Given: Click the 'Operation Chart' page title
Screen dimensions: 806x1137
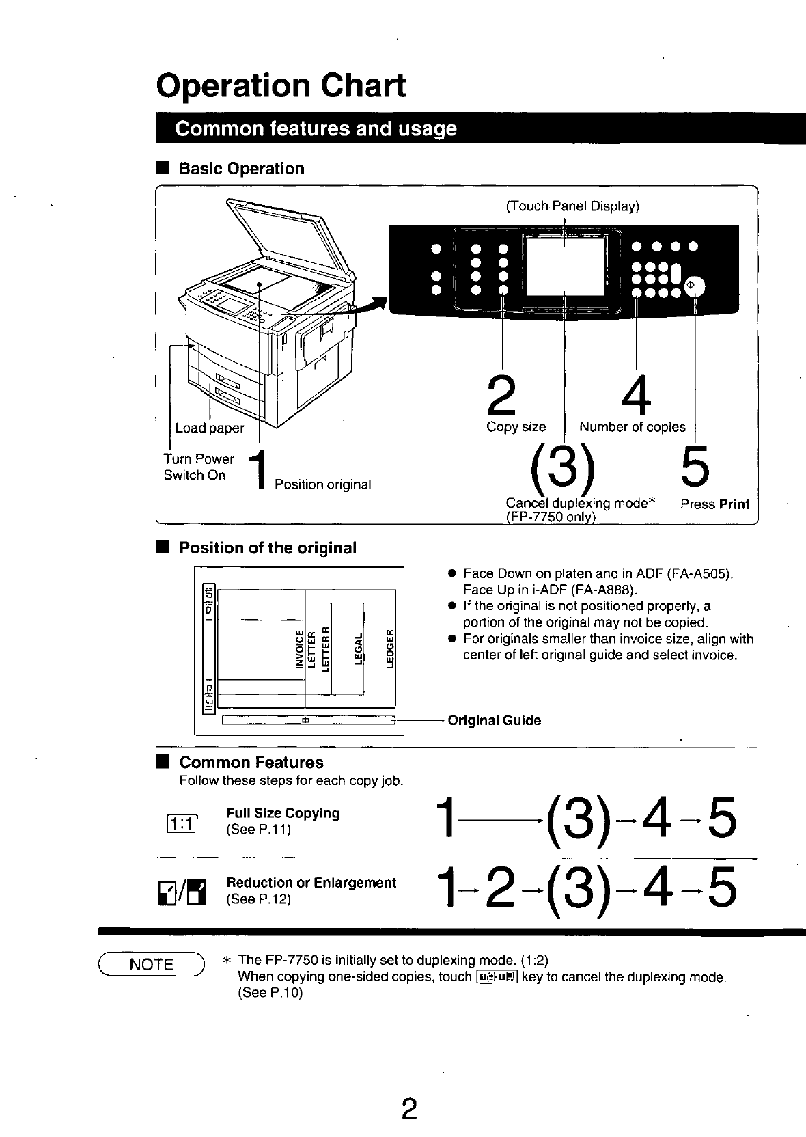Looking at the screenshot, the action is pos(281,85).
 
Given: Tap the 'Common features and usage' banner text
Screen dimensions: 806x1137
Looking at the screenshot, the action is pos(316,128).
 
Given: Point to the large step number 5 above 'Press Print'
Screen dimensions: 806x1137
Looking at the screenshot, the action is pos(695,466).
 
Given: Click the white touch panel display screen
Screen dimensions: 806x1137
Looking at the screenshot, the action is pos(565,266).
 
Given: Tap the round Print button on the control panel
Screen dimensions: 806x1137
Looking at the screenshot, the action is pos(695,286).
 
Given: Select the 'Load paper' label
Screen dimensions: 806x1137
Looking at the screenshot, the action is pos(210,428).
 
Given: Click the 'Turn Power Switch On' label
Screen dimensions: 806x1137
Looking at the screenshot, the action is pos(199,467).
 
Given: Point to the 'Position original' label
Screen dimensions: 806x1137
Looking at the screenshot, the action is pos(323,484).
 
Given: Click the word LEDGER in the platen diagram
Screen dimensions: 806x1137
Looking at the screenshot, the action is pos(390,648).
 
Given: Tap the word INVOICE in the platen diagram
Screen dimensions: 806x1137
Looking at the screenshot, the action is pos(299,648).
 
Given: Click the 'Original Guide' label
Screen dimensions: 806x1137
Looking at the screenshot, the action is pos(495,720).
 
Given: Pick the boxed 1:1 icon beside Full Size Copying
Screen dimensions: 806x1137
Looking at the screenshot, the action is pos(182,823).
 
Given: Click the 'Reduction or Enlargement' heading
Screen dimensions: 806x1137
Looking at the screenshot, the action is pos(311,882).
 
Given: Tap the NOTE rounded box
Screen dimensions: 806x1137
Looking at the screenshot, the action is pos(151,964).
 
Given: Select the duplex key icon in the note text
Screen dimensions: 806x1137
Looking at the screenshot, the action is pos(497,976).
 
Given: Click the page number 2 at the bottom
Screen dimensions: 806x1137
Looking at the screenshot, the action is pos(409,1108).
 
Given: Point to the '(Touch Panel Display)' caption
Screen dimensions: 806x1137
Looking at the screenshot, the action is pos(572,206).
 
